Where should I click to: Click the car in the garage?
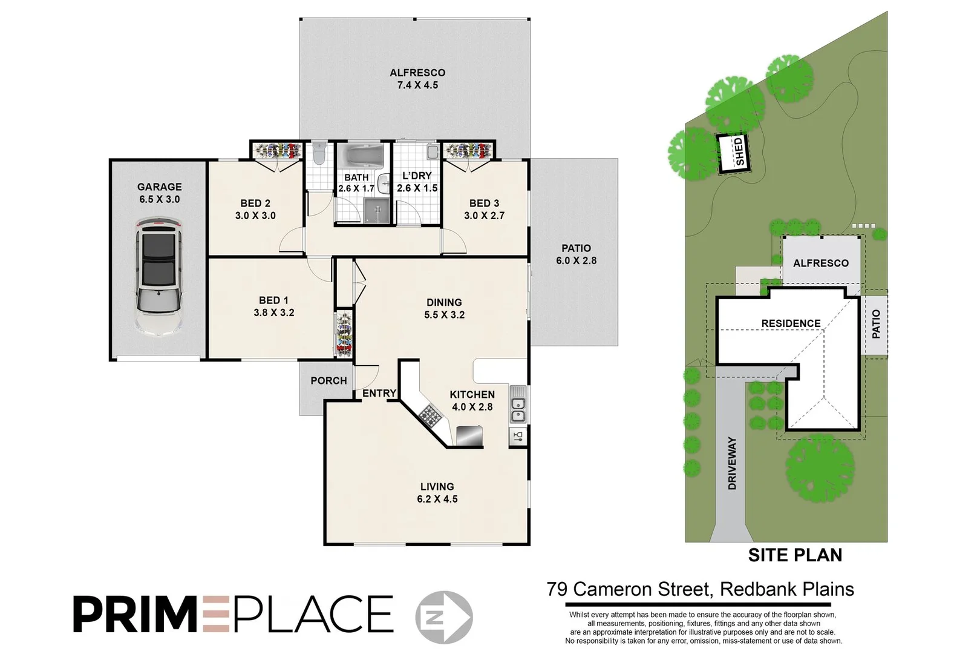158,279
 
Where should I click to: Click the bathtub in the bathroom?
360,156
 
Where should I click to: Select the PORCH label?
328,380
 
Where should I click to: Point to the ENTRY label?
379,393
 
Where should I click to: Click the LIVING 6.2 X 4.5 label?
437,492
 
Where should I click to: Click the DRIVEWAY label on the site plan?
733,463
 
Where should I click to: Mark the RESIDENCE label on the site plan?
791,323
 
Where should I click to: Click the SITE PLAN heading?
795,555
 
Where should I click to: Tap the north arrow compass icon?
445,616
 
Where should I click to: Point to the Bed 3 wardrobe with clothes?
468,150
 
